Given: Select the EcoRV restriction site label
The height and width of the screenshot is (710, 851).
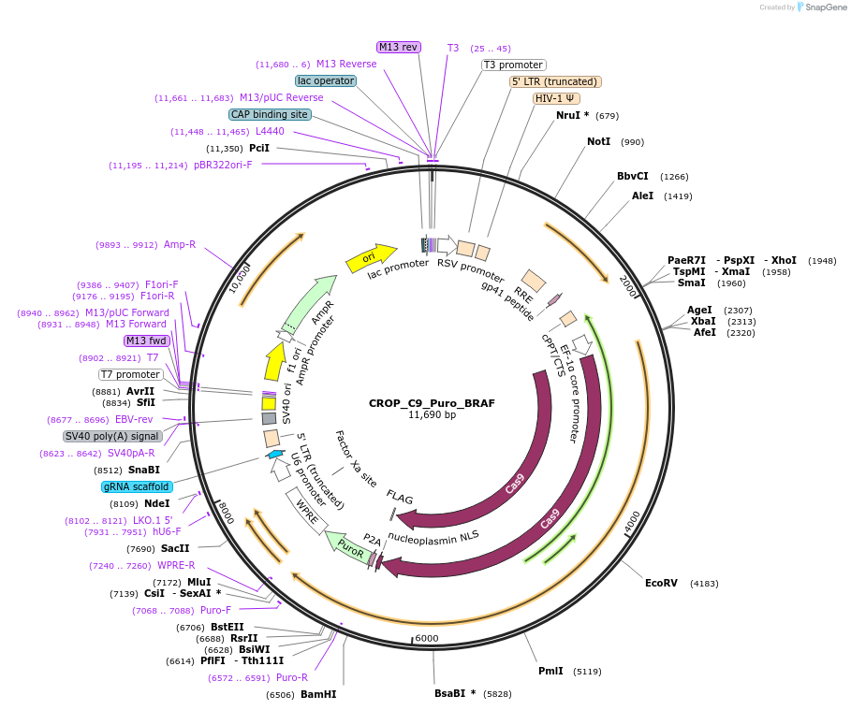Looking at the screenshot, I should click(660, 583).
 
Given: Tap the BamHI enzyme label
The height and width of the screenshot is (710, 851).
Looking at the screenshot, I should click(318, 694).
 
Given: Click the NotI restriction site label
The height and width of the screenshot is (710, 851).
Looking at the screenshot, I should click(598, 141).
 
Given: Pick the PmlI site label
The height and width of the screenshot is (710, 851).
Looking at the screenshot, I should click(550, 671).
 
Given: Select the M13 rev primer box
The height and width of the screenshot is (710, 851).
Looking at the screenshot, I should click(399, 47).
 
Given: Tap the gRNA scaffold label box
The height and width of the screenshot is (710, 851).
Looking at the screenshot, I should click(137, 486).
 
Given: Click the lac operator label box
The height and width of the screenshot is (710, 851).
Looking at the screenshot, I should click(326, 80).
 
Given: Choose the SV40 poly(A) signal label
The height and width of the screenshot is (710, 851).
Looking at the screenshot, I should click(112, 436).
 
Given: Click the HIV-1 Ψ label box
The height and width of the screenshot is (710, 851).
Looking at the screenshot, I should click(556, 98).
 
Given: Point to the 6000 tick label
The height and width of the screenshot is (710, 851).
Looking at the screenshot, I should click(426, 638).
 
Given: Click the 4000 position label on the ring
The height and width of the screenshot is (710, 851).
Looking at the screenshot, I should click(632, 519).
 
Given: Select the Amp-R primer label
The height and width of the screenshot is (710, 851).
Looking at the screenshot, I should click(180, 244).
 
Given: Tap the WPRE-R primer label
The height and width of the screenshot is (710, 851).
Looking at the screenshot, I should click(176, 565).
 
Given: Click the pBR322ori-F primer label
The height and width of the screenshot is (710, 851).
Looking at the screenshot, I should click(223, 165).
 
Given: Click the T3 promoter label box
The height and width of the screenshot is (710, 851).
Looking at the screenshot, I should click(514, 65).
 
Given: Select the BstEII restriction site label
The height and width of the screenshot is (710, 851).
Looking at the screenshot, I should click(227, 627).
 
